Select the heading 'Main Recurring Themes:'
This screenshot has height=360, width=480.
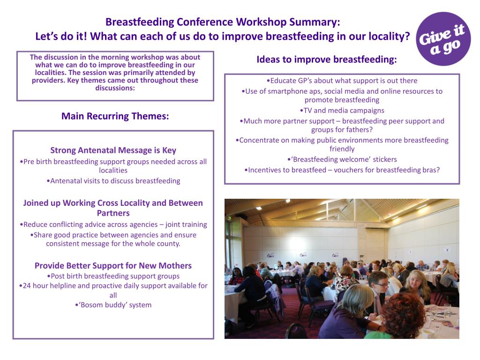coord(115,116)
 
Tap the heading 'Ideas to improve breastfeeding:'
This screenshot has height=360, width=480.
coord(326,60)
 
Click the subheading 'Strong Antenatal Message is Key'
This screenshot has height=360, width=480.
coord(113,150)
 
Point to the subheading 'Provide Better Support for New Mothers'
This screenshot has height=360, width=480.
coord(113,266)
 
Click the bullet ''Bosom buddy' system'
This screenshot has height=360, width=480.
coord(113,305)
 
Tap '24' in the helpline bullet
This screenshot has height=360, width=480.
coord(27,285)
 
